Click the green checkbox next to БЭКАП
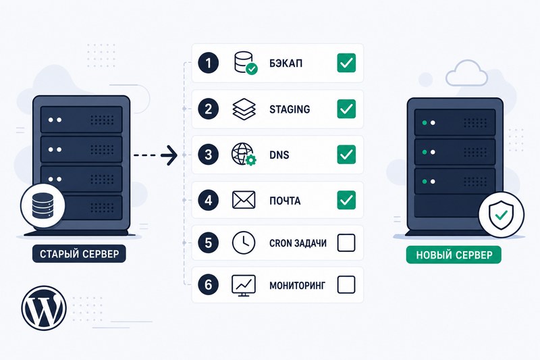tap(346, 63)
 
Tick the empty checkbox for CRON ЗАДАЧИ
tap(346, 243)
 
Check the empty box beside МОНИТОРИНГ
tap(346, 285)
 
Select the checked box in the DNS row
tap(346, 155)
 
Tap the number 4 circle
tap(209, 200)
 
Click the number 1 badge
tap(209, 63)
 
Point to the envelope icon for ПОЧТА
tap(244, 200)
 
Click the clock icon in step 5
tap(244, 243)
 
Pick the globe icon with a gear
tap(244, 155)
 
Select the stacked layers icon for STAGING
tap(244, 109)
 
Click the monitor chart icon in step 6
tap(244, 286)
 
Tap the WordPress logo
tap(44, 308)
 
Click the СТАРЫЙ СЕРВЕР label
tap(79, 254)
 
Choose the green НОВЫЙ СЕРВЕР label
tap(454, 255)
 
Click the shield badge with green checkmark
tap(502, 215)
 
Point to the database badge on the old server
tap(43, 205)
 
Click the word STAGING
tap(290, 109)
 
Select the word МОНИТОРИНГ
tap(297, 286)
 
